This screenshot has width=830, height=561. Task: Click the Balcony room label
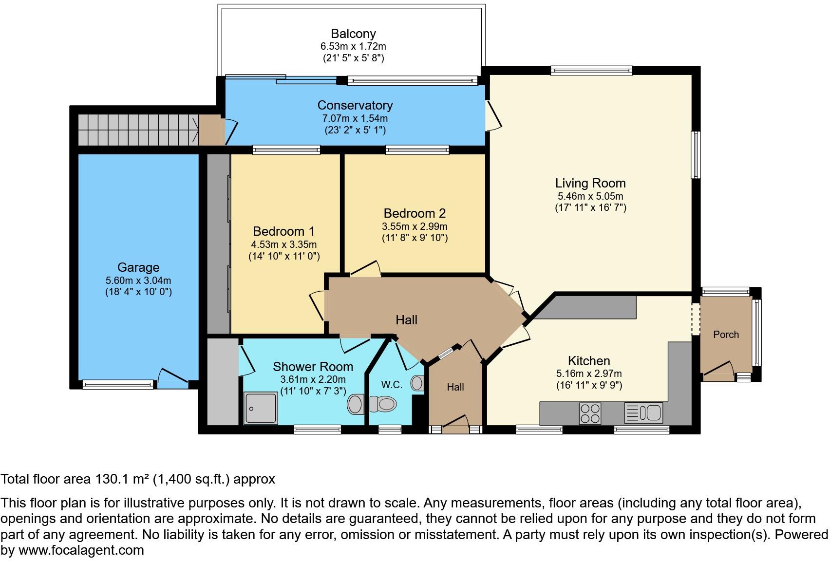353,34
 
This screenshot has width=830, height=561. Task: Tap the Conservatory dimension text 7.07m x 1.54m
355,118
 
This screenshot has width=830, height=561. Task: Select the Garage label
138,267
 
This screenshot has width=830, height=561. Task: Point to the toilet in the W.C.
383,404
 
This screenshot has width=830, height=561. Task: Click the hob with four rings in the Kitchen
589,414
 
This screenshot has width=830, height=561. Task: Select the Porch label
726,335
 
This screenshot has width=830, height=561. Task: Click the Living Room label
590,184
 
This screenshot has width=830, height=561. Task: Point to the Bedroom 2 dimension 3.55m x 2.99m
415,226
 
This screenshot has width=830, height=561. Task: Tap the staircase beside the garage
138,130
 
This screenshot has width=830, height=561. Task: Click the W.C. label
392,385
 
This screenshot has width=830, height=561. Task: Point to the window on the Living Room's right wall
697,155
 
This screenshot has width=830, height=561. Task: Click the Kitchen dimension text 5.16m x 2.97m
589,374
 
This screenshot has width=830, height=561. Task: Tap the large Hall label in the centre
406,320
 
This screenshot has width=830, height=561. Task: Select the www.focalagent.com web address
81,551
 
